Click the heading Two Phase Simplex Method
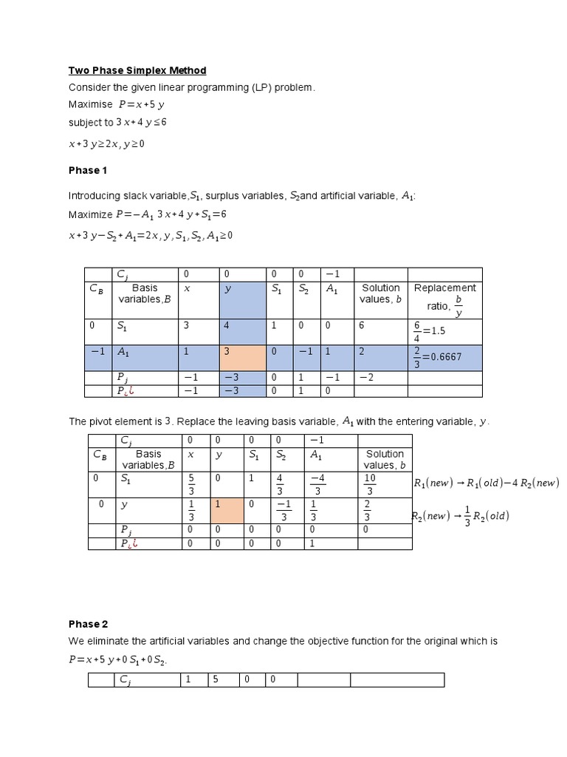pos(137,70)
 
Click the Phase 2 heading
pos(88,624)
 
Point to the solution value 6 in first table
pos(362,325)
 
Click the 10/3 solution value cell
pos(370,484)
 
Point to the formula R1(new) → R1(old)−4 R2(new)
pos(486,483)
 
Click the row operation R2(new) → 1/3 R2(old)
pos(461,515)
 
